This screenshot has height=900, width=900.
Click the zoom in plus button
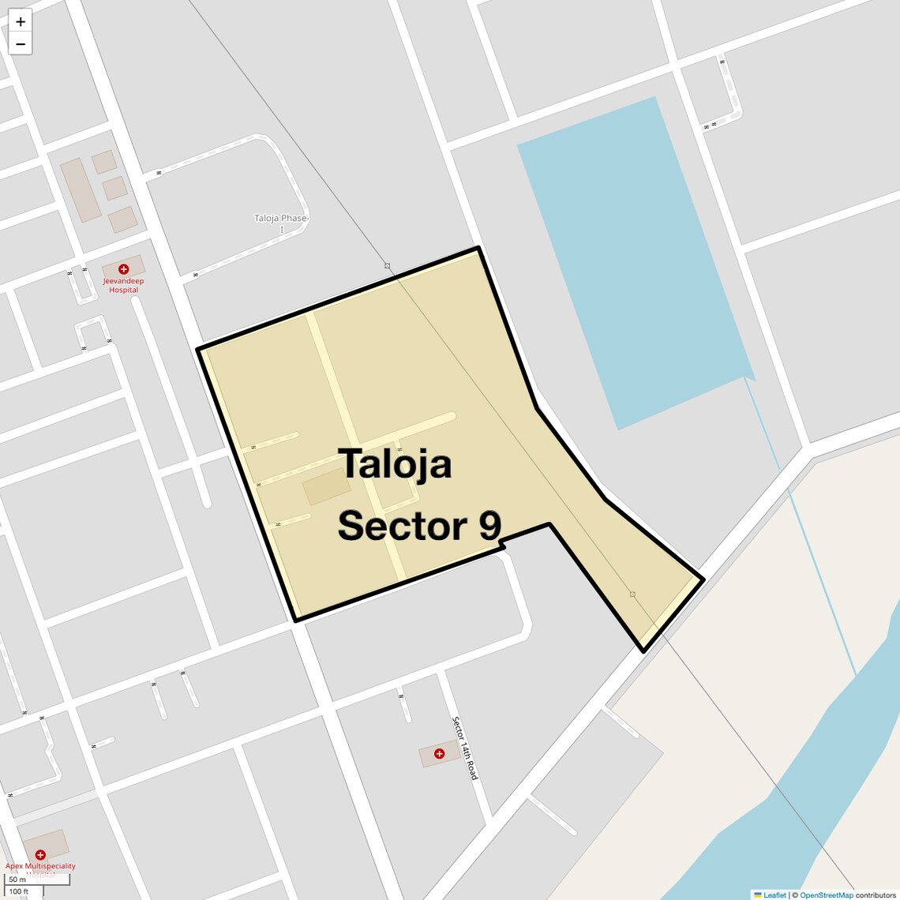point(21,21)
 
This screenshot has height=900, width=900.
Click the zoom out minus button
point(21,44)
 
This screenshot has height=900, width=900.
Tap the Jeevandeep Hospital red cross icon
point(123,269)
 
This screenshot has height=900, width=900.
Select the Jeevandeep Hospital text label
point(123,285)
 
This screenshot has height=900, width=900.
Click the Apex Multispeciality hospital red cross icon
point(40,854)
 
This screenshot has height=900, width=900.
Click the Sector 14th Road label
point(465,748)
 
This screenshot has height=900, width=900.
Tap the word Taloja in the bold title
point(395,463)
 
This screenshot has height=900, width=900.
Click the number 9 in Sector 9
point(490,526)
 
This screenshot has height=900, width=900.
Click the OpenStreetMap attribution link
point(826,895)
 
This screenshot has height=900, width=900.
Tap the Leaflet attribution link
point(774,895)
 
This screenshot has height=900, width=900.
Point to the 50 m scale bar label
point(17,879)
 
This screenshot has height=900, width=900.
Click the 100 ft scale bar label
point(19,891)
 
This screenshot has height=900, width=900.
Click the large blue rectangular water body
point(632,261)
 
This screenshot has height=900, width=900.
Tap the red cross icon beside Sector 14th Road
point(439,754)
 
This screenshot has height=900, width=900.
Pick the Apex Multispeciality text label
point(40,866)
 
